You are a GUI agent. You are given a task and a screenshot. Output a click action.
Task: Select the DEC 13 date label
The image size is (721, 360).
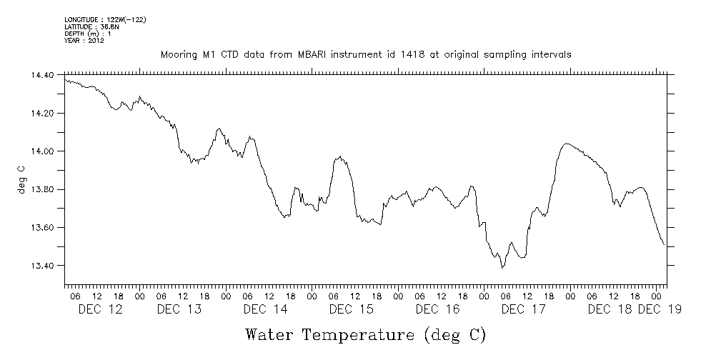pyautogui.click(x=179, y=309)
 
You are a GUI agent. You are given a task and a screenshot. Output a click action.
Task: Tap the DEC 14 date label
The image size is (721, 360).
pyautogui.click(x=265, y=309)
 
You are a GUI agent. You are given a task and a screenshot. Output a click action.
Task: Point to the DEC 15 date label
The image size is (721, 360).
pyautogui.click(x=351, y=309)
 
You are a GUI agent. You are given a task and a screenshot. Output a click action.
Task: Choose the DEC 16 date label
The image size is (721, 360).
pyautogui.click(x=437, y=309)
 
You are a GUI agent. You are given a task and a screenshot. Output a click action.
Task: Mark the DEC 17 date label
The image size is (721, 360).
pyautogui.click(x=524, y=309)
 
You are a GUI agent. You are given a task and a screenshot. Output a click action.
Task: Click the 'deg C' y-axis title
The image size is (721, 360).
pyautogui.click(x=22, y=179)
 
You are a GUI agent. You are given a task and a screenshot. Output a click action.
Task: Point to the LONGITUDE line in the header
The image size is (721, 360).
pyautogui.click(x=105, y=19)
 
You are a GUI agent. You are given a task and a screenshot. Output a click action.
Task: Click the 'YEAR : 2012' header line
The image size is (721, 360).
pyautogui.click(x=84, y=40)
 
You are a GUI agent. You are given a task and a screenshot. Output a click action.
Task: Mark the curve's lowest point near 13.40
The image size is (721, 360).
pyautogui.click(x=503, y=267)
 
